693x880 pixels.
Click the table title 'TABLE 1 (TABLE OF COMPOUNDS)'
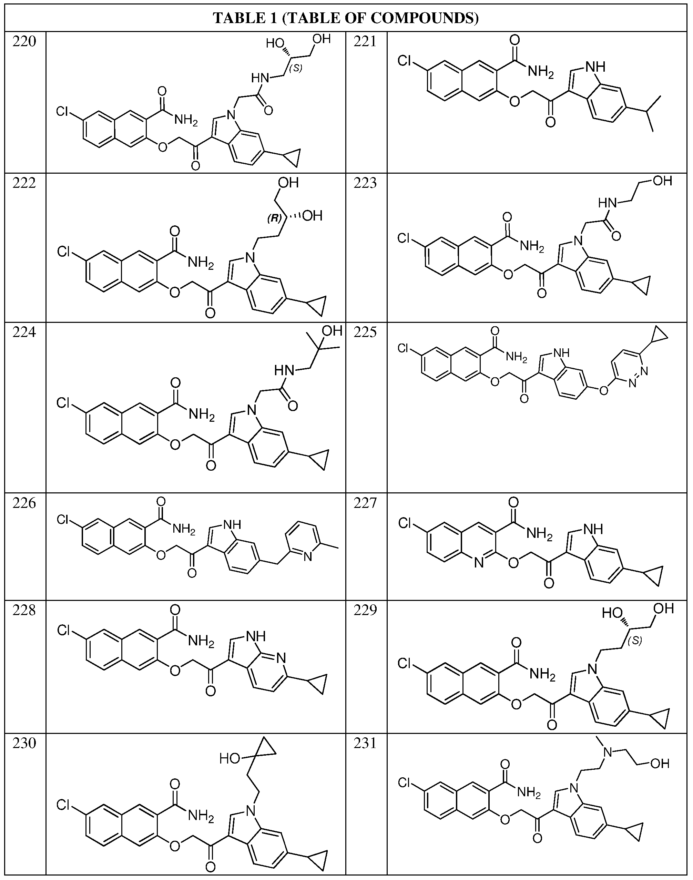pyautogui.click(x=346, y=18)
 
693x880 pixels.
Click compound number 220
pyautogui.click(x=24, y=41)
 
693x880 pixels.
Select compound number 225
pyautogui.click(x=365, y=332)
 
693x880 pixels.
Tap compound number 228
pyautogui.click(x=24, y=610)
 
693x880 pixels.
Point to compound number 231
pyautogui.click(x=365, y=743)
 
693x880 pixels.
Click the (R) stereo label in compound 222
pyautogui.click(x=274, y=218)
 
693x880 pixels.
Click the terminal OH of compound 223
pyautogui.click(x=662, y=181)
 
